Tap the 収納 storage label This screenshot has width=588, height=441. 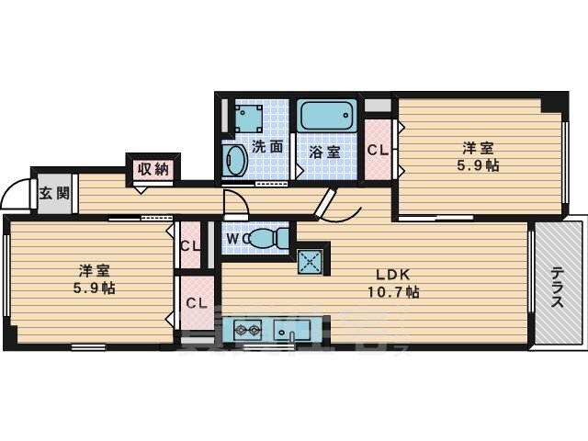[153, 168]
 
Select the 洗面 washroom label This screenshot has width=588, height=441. [267, 145]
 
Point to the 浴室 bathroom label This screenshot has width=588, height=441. [323, 152]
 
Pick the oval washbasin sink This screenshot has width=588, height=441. [234, 161]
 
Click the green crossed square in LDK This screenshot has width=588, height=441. [310, 261]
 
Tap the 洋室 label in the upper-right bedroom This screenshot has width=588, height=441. [478, 147]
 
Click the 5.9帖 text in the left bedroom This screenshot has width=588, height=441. [96, 288]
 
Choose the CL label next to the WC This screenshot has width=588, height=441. [191, 246]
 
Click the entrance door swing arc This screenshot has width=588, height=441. [16, 193]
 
